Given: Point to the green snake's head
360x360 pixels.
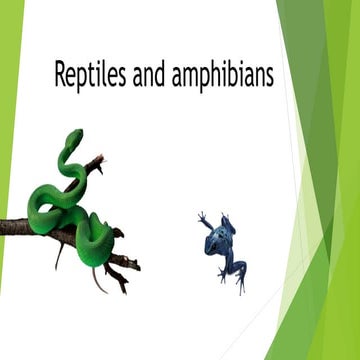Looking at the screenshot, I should coord(72,139).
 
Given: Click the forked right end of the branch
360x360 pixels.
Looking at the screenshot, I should coord(132,265).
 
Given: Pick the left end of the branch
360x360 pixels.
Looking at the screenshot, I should coord(4,227).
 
